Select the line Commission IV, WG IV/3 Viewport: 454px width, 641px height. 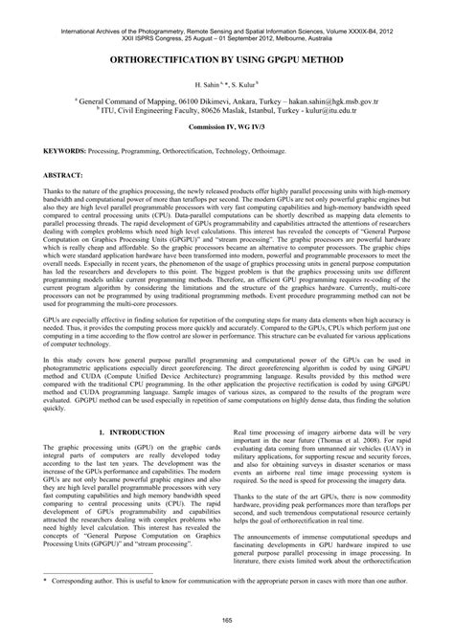(227, 126)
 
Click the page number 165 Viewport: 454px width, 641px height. (227, 623)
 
